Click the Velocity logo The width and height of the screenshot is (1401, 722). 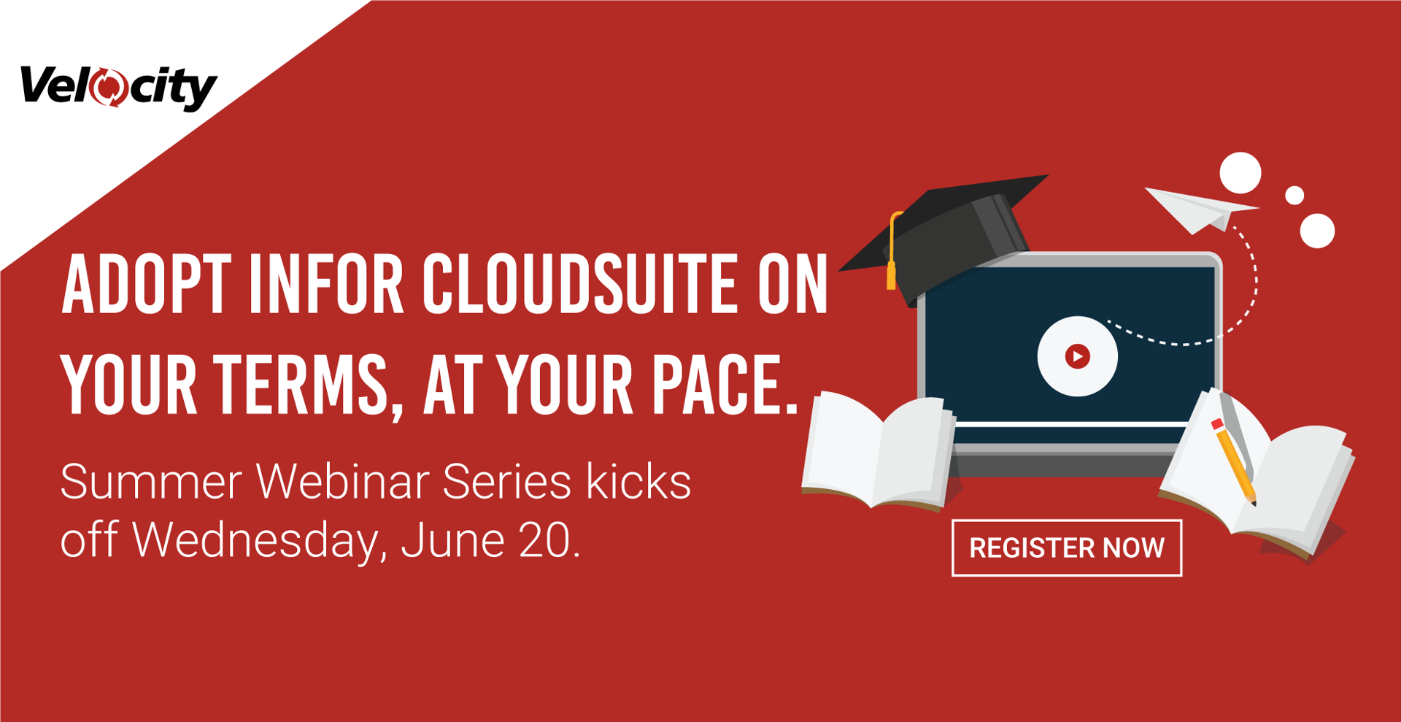(x=118, y=88)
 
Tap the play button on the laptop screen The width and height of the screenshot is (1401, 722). (x=1077, y=356)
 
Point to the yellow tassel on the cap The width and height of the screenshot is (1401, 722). (x=892, y=252)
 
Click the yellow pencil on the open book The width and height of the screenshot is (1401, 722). (x=1233, y=461)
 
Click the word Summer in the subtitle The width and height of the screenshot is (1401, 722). (x=151, y=482)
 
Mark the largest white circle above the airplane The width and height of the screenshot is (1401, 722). (x=1240, y=174)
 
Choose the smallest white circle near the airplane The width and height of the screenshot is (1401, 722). (x=1294, y=196)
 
